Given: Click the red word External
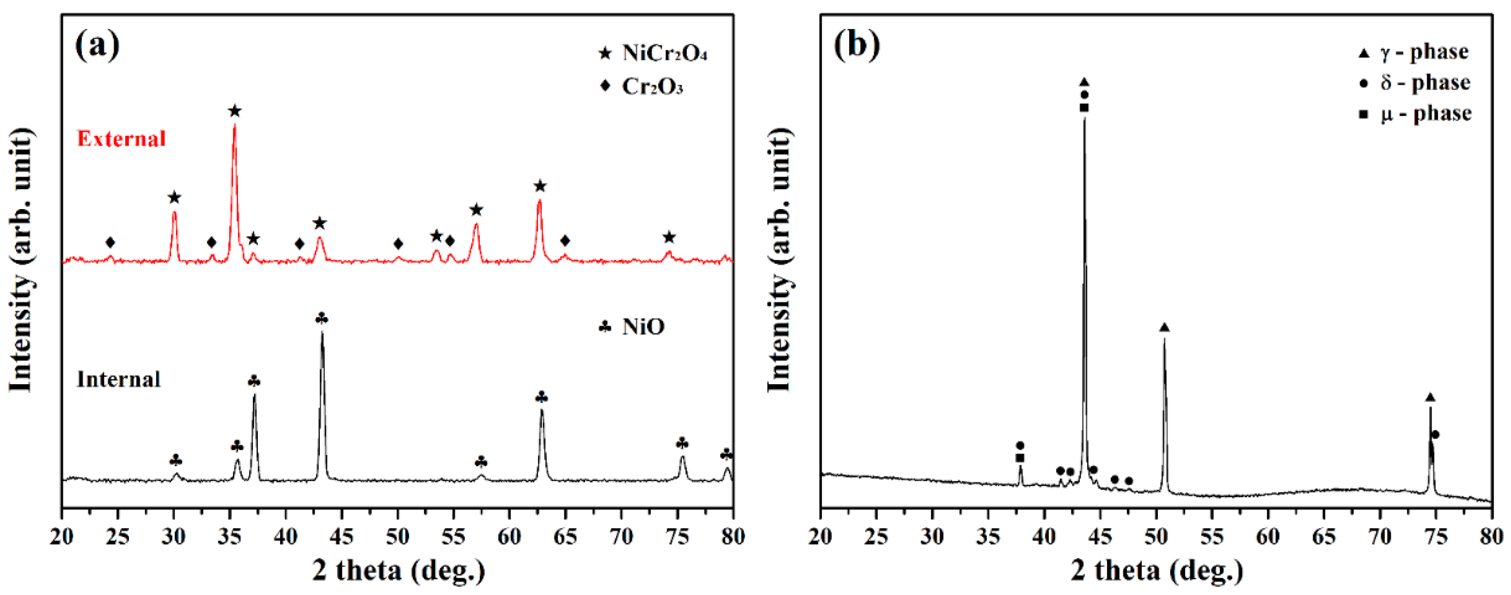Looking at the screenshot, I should click(122, 139).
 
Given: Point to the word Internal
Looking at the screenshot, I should click(119, 379).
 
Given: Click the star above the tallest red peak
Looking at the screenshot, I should click(235, 111).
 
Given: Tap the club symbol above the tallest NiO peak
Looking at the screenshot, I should click(322, 318).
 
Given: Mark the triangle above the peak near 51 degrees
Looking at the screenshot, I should click(1164, 328).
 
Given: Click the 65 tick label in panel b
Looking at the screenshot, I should click(1324, 536).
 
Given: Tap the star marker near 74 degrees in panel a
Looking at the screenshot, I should click(669, 238).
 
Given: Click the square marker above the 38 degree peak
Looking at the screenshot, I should click(1020, 458).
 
